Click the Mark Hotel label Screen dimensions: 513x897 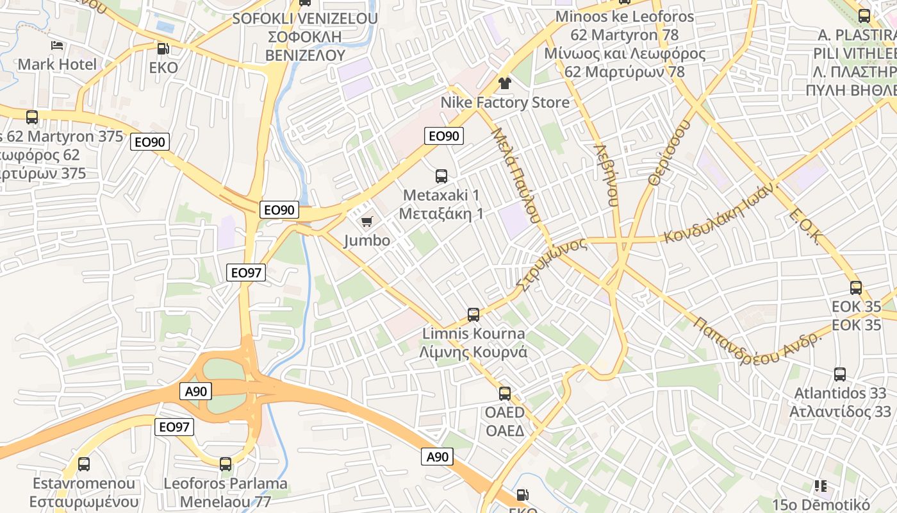click(57, 64)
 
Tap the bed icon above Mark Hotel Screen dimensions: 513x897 click(57, 46)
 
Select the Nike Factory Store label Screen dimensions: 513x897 click(505, 103)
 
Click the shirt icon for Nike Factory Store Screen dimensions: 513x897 click(505, 83)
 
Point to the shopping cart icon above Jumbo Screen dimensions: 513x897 click(366, 222)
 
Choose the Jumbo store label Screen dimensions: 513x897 click(366, 240)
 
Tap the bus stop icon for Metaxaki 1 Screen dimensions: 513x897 click(441, 176)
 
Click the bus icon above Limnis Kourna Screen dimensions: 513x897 click(473, 315)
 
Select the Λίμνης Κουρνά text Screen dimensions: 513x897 click(473, 352)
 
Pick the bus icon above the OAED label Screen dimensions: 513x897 click(505, 394)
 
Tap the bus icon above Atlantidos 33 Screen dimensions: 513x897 click(840, 374)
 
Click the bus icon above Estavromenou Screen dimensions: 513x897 click(84, 464)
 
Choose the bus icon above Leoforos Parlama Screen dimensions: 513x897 click(226, 464)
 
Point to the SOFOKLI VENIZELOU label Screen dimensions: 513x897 click(305, 18)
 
